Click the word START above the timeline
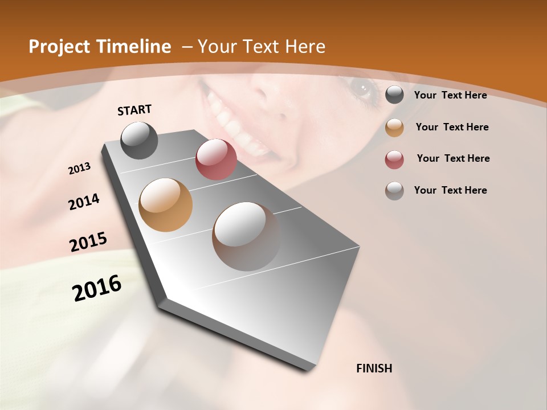[x=134, y=110]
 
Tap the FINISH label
[x=374, y=368]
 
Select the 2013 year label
[x=79, y=169]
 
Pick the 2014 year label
[x=84, y=202]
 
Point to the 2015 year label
[x=88, y=242]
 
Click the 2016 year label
[x=97, y=288]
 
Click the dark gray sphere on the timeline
[x=139, y=140]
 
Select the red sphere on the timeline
[x=216, y=159]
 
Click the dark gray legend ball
[x=394, y=95]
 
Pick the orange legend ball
[x=394, y=128]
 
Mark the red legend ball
[x=394, y=159]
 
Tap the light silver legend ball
[x=394, y=191]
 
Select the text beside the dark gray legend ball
[x=450, y=95]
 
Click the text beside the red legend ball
[x=453, y=158]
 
